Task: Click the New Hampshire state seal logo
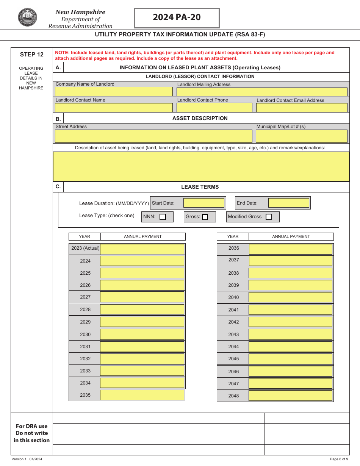28,17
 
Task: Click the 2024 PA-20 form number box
177,18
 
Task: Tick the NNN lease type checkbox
163,217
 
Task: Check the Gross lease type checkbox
205,217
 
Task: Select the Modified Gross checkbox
269,217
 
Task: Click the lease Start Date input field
204,203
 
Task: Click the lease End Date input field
289,203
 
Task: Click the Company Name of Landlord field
114,92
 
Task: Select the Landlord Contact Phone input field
214,108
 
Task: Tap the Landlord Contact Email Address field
302,108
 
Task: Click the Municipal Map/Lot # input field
302,136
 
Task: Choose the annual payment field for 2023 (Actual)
142,249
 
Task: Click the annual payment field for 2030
142,335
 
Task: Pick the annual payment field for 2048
290,396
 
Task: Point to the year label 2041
233,310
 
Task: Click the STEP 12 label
32,55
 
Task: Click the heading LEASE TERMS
200,187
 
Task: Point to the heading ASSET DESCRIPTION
200,118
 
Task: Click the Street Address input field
153,136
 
